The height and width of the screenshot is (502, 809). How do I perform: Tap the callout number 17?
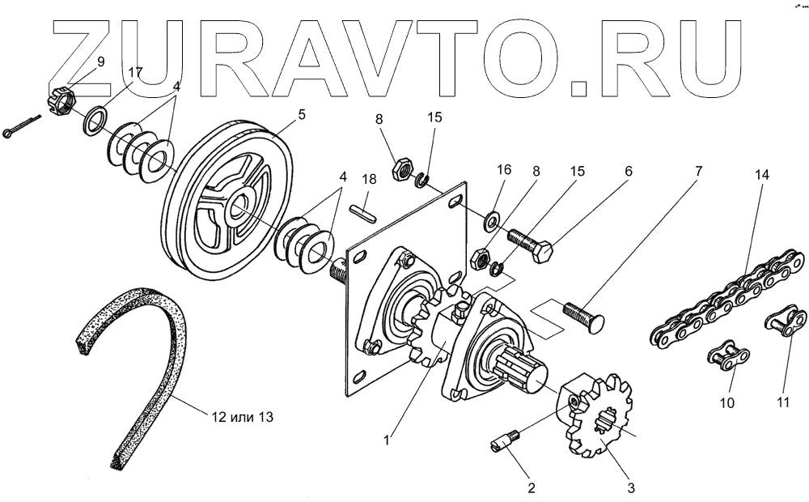(x=135, y=72)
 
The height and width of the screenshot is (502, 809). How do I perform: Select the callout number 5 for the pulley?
(x=301, y=115)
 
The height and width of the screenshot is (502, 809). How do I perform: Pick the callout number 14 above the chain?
(x=760, y=176)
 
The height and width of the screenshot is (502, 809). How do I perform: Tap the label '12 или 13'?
(x=242, y=418)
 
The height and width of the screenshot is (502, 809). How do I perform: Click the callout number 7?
(x=698, y=172)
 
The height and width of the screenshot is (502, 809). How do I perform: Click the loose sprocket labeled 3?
(x=595, y=422)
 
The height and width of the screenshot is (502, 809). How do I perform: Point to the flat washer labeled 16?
(x=489, y=219)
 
